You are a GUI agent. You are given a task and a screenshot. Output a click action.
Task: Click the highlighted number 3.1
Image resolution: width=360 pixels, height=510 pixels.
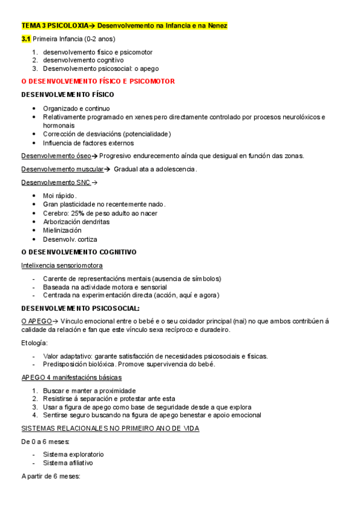click(25, 38)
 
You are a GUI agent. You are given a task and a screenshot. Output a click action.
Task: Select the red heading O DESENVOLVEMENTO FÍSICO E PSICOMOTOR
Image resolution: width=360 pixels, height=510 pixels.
click(98, 81)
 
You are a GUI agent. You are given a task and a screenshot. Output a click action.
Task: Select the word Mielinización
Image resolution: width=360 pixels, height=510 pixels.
click(62, 230)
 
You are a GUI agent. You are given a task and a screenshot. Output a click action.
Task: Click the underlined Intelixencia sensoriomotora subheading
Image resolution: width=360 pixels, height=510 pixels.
click(62, 265)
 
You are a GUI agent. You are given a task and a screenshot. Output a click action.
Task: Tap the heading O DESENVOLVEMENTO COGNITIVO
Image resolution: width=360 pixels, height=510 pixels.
click(79, 252)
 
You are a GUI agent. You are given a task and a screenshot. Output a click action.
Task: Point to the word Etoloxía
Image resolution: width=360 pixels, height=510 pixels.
click(34, 343)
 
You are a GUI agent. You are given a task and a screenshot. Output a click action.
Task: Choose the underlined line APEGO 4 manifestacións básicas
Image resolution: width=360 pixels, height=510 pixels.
click(72, 377)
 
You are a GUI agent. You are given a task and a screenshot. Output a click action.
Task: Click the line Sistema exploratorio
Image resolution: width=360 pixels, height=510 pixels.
click(73, 454)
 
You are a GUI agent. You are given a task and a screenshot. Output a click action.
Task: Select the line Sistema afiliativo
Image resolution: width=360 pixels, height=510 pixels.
click(68, 463)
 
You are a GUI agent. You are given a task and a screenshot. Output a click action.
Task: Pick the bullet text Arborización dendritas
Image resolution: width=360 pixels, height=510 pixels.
click(76, 221)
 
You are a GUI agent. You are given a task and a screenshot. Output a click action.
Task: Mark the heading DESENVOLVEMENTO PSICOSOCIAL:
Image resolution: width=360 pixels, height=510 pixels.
click(81, 309)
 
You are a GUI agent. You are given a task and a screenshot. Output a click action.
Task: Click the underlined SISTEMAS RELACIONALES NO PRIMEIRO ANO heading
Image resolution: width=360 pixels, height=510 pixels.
click(110, 428)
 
